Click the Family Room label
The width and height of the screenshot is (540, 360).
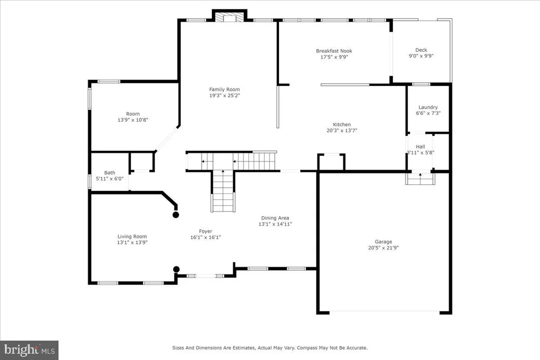pyautogui.click(x=224, y=90)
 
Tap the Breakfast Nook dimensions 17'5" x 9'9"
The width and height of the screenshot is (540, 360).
pyautogui.click(x=334, y=57)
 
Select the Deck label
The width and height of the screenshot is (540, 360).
pyautogui.click(x=421, y=50)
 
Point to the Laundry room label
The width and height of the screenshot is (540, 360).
pyautogui.click(x=428, y=108)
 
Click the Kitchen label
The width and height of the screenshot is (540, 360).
pyautogui.click(x=342, y=124)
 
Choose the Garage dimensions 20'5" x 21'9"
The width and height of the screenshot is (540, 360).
pyautogui.click(x=383, y=248)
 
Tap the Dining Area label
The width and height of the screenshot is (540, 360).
pyautogui.click(x=275, y=218)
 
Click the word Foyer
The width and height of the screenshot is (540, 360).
pyautogui.click(x=206, y=231)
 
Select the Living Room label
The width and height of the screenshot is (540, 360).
pyautogui.click(x=132, y=237)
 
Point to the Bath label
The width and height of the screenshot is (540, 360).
pyautogui.click(x=110, y=173)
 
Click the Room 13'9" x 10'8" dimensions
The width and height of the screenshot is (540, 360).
pyautogui.click(x=132, y=120)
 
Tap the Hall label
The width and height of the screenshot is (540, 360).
pyautogui.click(x=420, y=147)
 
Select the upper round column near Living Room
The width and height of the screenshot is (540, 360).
pyautogui.click(x=176, y=215)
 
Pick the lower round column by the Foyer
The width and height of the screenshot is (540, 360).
pyautogui.click(x=176, y=269)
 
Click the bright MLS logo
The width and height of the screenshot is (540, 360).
pyautogui.click(x=30, y=351)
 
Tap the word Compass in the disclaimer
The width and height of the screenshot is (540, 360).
pyautogui.click(x=308, y=348)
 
